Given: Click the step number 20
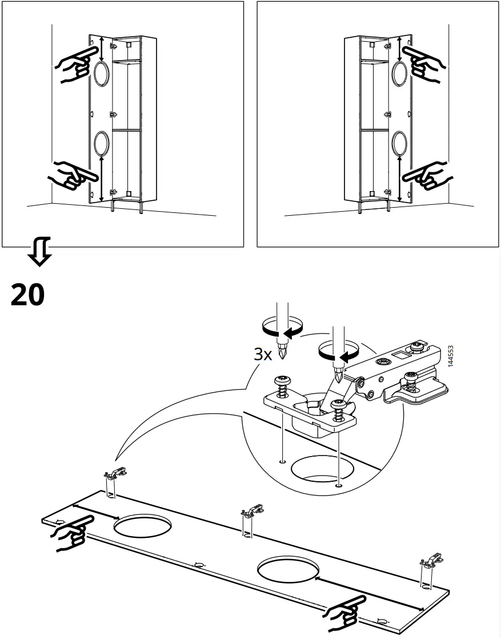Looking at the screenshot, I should (x=27, y=295).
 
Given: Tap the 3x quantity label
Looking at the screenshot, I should (x=263, y=354).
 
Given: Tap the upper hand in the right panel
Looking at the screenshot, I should (x=424, y=62).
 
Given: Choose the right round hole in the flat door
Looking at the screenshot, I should (x=287, y=568).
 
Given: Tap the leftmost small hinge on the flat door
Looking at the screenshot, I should (x=114, y=473).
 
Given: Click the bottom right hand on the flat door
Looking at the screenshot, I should (x=344, y=611).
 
